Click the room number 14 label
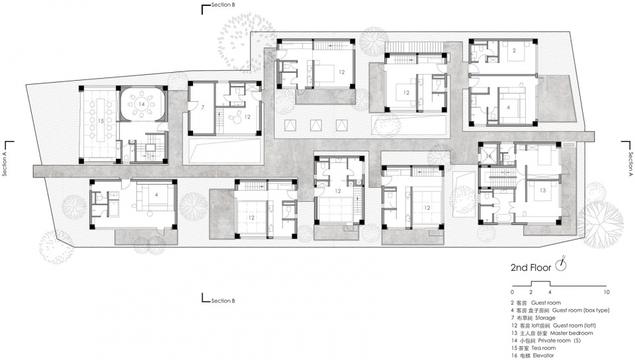(x=142, y=104)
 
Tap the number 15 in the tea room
(x=101, y=120)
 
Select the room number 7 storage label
(x=202, y=107)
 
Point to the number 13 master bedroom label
(x=542, y=191)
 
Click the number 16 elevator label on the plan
(x=489, y=156)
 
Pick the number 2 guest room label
(x=514, y=50)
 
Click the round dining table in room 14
(x=142, y=104)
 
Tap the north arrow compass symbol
(x=561, y=264)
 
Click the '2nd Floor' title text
(x=531, y=267)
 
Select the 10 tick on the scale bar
(x=607, y=292)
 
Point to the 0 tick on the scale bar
(x=512, y=292)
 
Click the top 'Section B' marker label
(x=223, y=5)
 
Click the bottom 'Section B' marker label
(x=223, y=301)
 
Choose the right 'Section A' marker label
(x=630, y=164)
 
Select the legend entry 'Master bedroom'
(x=571, y=333)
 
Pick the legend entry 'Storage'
(x=545, y=318)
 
